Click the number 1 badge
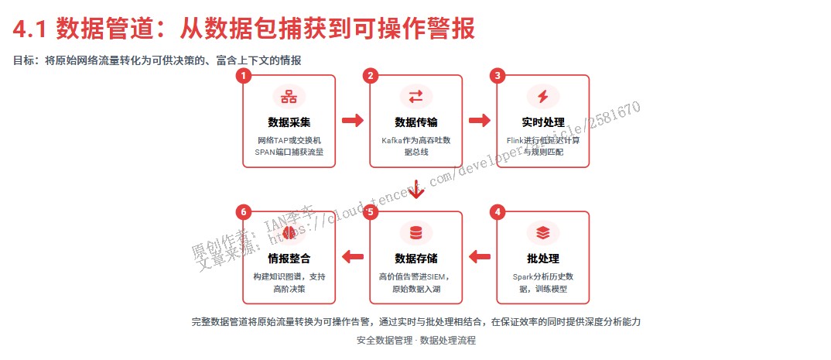(x=244, y=75)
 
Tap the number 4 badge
(x=498, y=211)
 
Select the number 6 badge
(x=244, y=211)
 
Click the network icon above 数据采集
(x=289, y=97)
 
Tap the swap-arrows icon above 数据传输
(x=416, y=97)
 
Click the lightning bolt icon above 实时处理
(x=542, y=97)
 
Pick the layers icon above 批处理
(x=542, y=232)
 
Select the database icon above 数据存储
(x=416, y=232)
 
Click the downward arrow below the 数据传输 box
(x=416, y=190)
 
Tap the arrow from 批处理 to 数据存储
(x=480, y=256)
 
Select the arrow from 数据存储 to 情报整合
(x=353, y=256)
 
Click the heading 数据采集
(x=289, y=122)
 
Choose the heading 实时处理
(x=542, y=122)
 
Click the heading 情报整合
(x=289, y=258)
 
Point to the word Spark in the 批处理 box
(x=526, y=276)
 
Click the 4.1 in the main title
(x=32, y=29)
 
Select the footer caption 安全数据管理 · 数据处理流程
(x=416, y=340)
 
